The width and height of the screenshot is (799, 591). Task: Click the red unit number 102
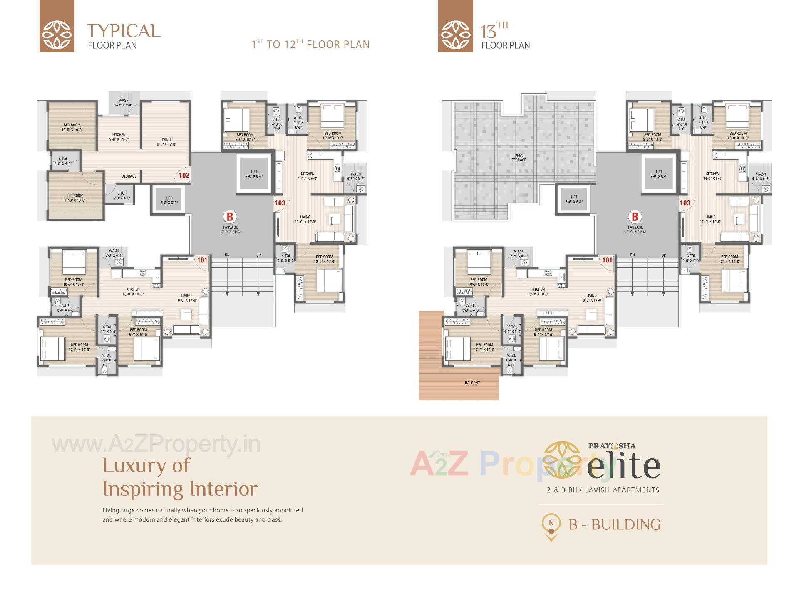pyautogui.click(x=184, y=176)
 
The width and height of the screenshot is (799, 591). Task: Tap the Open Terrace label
pyautogui.click(x=519, y=158)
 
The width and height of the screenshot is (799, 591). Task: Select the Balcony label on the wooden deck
pyautogui.click(x=472, y=383)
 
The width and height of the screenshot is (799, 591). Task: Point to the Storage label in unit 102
pyautogui.click(x=129, y=176)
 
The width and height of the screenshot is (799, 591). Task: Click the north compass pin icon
pyautogui.click(x=551, y=526)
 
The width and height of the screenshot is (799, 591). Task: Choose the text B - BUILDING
pyautogui.click(x=615, y=525)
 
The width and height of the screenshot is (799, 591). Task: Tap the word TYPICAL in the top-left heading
pyautogui.click(x=123, y=31)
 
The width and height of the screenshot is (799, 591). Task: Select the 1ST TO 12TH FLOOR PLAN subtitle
pyautogui.click(x=310, y=45)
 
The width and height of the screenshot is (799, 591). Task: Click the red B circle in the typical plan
pyautogui.click(x=230, y=217)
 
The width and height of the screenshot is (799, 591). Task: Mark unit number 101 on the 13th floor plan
pyautogui.click(x=607, y=260)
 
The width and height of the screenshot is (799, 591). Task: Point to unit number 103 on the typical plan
pyautogui.click(x=280, y=203)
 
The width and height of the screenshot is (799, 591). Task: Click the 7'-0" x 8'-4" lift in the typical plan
pyautogui.click(x=254, y=174)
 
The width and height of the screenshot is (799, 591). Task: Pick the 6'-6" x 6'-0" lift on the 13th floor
pyautogui.click(x=574, y=200)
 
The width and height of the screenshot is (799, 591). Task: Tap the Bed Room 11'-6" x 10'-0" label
pyautogui.click(x=75, y=198)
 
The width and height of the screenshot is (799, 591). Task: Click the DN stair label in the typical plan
pyautogui.click(x=227, y=255)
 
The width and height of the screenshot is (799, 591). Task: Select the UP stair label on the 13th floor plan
pyautogui.click(x=663, y=255)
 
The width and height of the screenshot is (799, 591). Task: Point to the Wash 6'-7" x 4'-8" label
pyautogui.click(x=123, y=103)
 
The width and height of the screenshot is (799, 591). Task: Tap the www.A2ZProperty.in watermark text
pyautogui.click(x=156, y=445)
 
